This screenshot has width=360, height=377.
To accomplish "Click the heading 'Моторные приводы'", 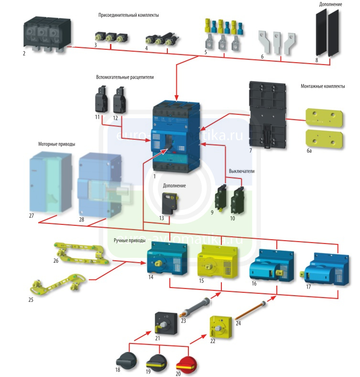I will coord(57,144).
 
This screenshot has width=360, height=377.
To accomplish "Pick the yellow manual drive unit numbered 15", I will coord(217,261).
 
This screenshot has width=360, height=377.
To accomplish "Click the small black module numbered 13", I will coord(169,203).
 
